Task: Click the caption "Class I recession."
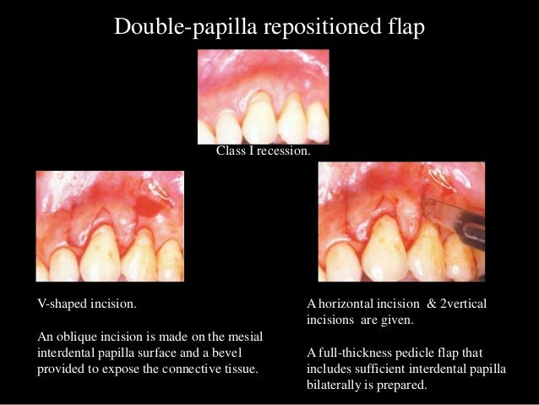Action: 263,152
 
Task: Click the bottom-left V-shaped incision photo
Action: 110,226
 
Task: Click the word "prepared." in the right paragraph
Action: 405,385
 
